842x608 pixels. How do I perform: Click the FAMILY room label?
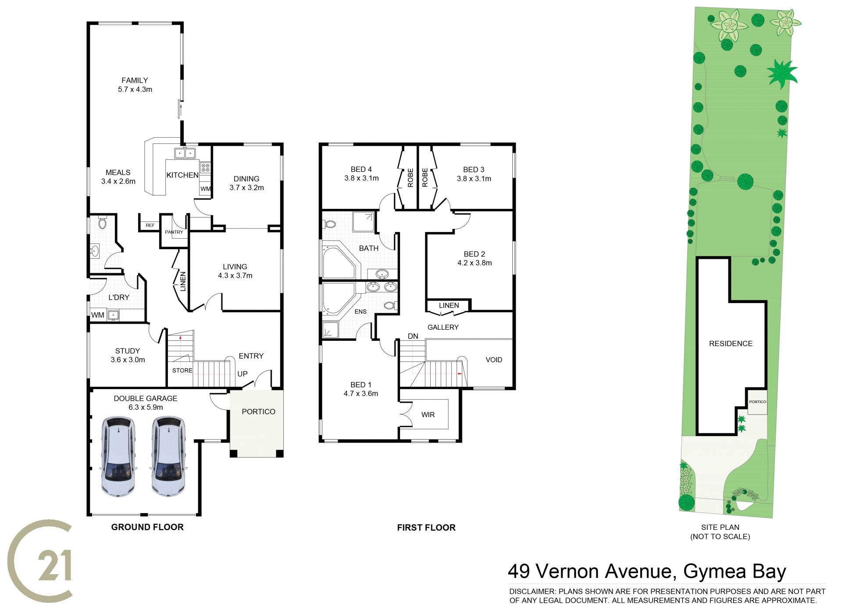tap(135, 80)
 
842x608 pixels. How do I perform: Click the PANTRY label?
tap(174, 232)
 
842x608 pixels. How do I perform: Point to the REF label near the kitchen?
tap(150, 225)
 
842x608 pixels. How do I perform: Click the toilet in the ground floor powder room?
tap(103, 222)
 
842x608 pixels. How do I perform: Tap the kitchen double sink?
tap(185, 153)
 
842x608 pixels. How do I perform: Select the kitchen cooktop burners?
tap(205, 167)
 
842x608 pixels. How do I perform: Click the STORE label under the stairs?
tap(182, 370)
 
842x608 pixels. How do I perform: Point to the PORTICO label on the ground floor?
tap(258, 411)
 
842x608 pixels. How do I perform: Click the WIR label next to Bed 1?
tap(428, 415)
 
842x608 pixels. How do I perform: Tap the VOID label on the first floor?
tap(494, 360)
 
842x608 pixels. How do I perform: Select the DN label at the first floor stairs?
tap(413, 336)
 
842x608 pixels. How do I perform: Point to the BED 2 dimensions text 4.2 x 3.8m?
tap(475, 263)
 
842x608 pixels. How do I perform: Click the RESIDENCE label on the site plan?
tap(731, 343)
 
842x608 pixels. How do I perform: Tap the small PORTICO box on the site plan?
tap(757, 401)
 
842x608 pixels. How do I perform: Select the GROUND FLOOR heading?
tap(147, 527)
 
